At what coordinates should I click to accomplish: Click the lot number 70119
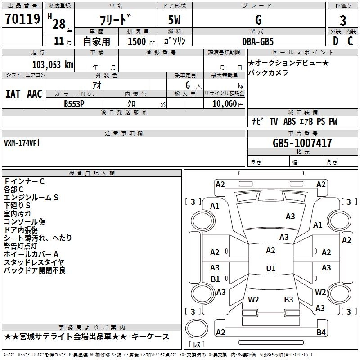tap(22, 19)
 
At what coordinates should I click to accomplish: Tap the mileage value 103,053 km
tap(53, 65)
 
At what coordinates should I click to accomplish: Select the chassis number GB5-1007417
tap(302, 143)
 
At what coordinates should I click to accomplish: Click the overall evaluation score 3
tap(343, 21)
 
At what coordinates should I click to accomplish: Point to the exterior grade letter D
tap(336, 41)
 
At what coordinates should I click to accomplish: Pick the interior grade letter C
tap(350, 41)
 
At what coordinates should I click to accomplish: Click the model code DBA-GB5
tap(258, 41)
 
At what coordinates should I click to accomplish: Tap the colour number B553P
tap(74, 104)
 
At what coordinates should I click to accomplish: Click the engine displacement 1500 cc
tap(141, 41)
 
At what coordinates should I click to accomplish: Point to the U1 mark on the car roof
tap(271, 268)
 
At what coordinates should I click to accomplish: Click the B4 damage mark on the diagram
tap(321, 332)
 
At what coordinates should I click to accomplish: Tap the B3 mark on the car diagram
tap(288, 299)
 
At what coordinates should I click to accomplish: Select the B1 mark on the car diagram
tap(215, 279)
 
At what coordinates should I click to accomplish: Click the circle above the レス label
tap(197, 328)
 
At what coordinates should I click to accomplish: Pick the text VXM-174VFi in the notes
tap(22, 143)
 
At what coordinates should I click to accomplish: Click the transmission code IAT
tap(13, 94)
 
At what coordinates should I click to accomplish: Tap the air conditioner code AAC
tap(35, 94)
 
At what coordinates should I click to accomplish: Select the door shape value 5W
tap(174, 20)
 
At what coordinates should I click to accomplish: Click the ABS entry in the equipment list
tap(289, 121)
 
